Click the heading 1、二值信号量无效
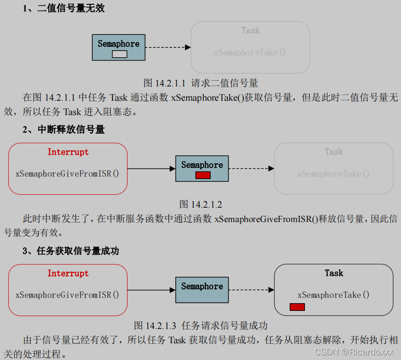[x=64, y=8]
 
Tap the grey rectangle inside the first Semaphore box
[x=119, y=54]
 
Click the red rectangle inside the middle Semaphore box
[x=203, y=175]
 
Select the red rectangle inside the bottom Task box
[x=297, y=307]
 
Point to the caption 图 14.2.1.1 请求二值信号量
[x=201, y=83]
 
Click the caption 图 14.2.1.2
[x=201, y=204]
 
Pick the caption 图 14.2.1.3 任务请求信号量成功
[x=201, y=326]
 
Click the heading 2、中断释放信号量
[x=64, y=129]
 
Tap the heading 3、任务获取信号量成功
[x=70, y=251]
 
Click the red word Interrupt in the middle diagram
[x=68, y=152]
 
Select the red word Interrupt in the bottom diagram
[x=68, y=274]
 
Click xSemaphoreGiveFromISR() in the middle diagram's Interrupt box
[x=67, y=173]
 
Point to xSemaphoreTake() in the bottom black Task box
[x=334, y=295]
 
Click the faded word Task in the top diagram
[x=250, y=31]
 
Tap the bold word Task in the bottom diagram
[x=334, y=273]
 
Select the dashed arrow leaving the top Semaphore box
[x=168, y=47]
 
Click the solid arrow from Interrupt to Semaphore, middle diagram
[x=152, y=169]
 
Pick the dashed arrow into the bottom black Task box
[x=251, y=290]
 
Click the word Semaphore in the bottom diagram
[x=202, y=286]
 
